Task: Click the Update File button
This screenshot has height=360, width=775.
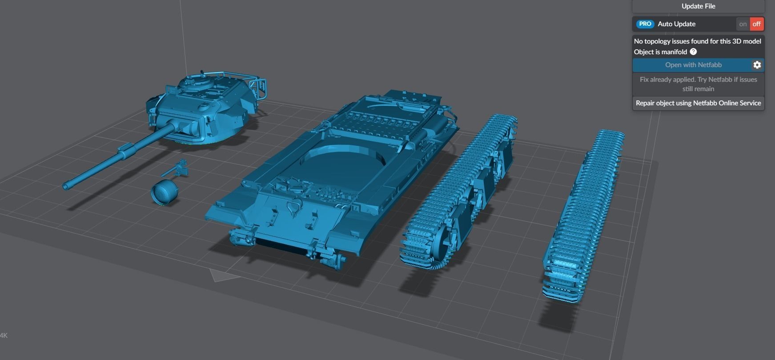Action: click(698, 6)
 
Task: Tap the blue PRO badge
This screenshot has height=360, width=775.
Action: click(645, 24)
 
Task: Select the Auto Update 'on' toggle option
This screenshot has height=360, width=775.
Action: click(743, 24)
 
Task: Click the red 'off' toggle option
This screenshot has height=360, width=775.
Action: click(756, 24)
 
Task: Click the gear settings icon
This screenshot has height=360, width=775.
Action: click(757, 65)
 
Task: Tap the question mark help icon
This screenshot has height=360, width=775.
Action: click(693, 52)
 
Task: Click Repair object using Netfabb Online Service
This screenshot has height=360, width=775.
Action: click(698, 103)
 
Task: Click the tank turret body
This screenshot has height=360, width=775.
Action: click(200, 111)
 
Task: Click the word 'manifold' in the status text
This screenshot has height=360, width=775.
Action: click(674, 52)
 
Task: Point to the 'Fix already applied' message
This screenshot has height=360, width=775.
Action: click(698, 84)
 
